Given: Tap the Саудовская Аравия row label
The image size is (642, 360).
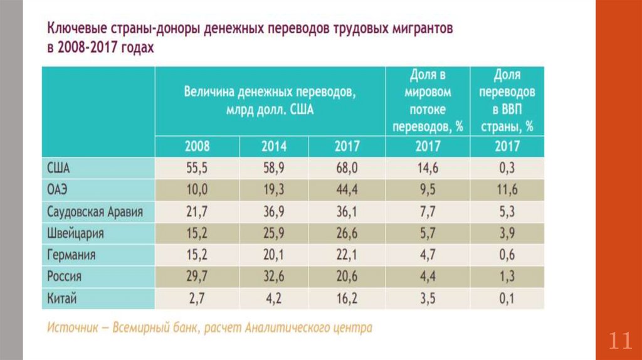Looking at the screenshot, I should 95,211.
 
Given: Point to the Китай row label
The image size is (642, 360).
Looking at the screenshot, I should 61,298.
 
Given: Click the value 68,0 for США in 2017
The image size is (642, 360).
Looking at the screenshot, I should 347,167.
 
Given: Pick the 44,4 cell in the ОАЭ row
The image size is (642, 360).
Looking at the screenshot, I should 347,189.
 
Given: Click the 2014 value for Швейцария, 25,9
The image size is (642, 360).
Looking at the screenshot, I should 274,233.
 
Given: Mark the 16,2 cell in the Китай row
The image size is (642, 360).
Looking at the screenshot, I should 347,298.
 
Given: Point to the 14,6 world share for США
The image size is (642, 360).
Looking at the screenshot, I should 428,167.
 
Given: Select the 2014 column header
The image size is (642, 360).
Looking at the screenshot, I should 274,146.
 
